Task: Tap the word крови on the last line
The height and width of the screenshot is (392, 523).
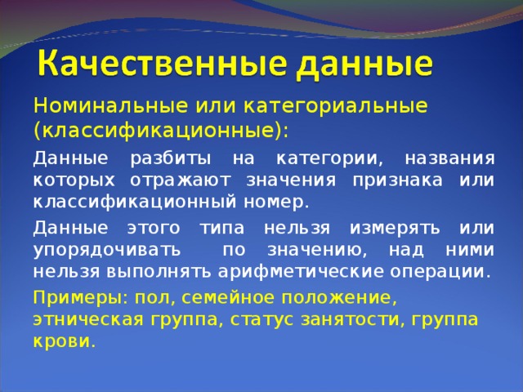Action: click(63, 341)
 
